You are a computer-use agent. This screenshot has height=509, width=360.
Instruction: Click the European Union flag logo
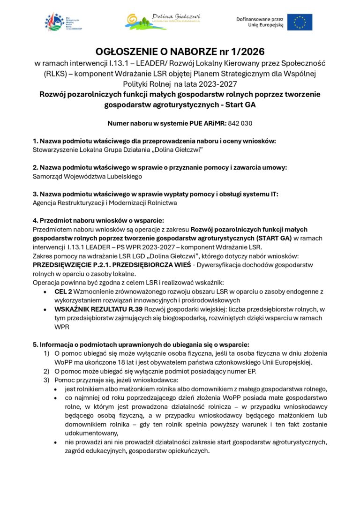pos(300,22)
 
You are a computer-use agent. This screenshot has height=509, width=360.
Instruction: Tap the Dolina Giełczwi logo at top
pos(163,21)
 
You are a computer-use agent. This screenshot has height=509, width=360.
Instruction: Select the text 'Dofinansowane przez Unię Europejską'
pos(260,22)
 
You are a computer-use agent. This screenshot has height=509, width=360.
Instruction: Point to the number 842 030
pos(240,123)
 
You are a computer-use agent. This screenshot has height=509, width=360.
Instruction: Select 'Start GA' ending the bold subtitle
pos(240,105)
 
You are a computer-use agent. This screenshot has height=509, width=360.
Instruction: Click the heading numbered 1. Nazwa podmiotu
pos(154,141)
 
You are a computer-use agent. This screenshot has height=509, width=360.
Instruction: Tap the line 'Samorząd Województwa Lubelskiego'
pos(87,176)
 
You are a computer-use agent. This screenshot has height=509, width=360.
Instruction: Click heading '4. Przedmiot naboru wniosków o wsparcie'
pos(98,221)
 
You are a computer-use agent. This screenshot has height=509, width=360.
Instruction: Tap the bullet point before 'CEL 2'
pos(45,292)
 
